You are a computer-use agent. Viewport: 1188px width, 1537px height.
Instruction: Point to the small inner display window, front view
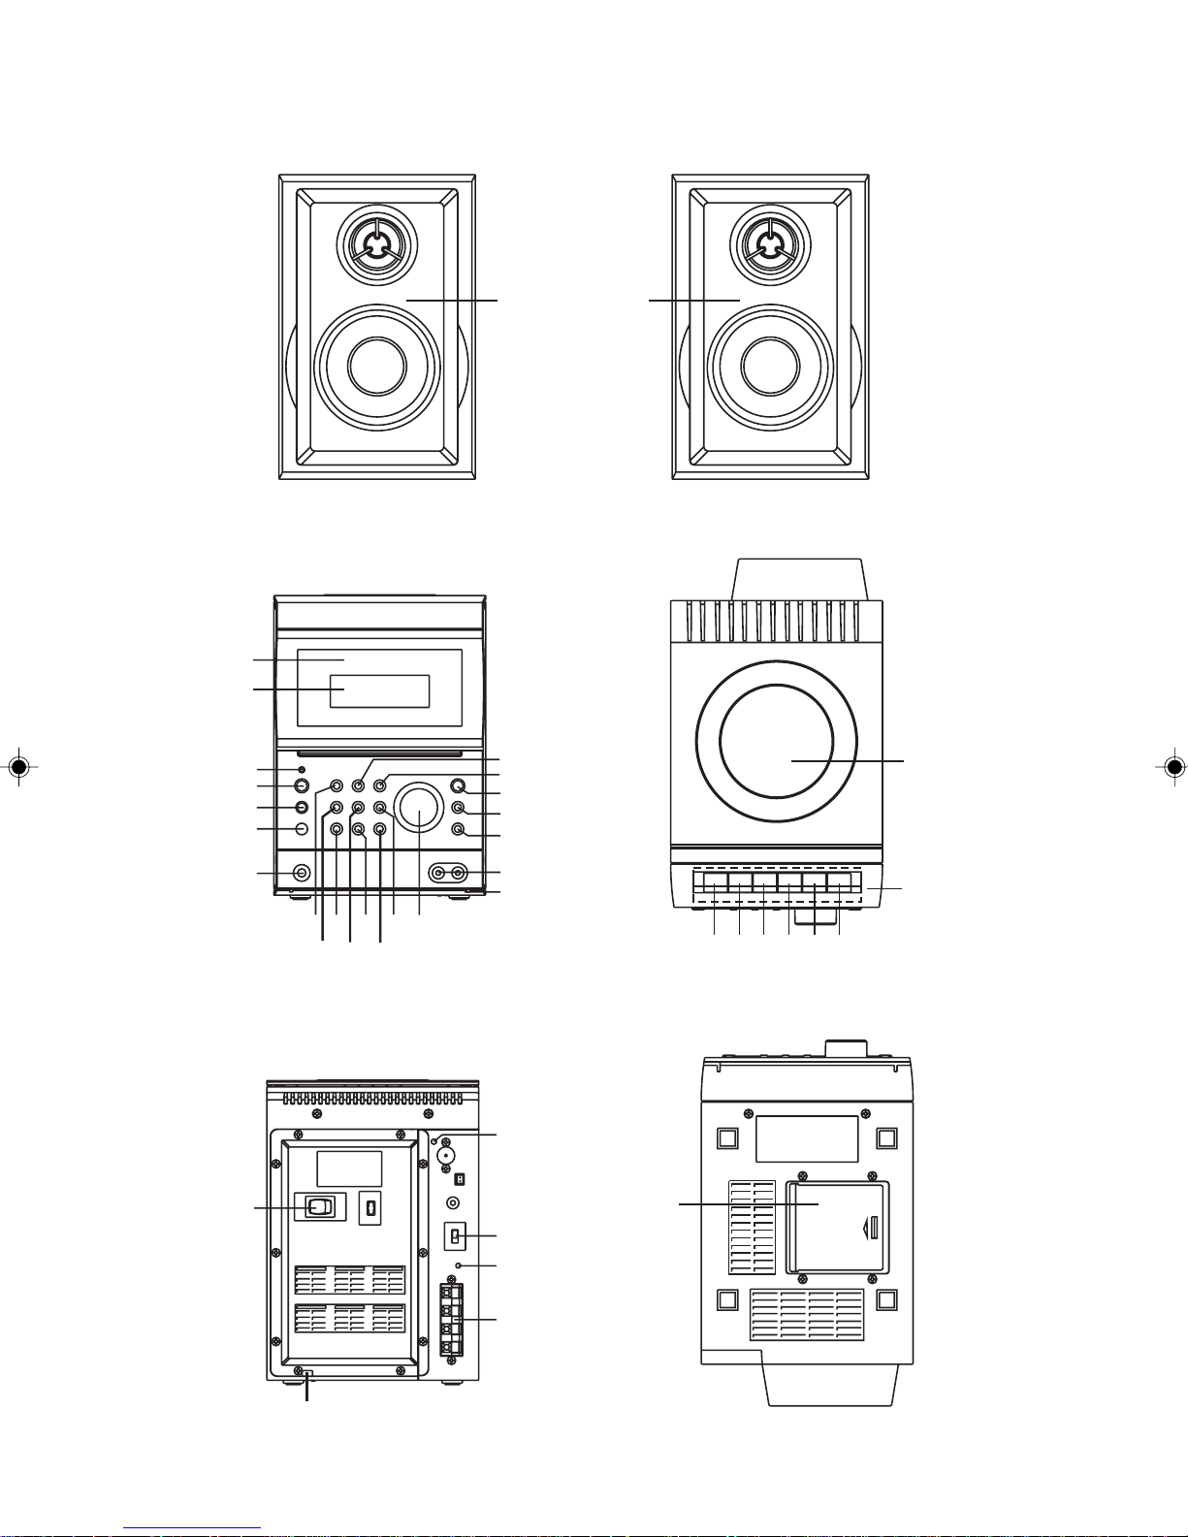(x=379, y=690)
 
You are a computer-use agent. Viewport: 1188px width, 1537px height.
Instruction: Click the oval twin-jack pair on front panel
(x=448, y=874)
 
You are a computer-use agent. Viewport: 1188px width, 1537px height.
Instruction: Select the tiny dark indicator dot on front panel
(x=302, y=770)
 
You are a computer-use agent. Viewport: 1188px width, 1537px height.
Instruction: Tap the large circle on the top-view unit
(x=776, y=738)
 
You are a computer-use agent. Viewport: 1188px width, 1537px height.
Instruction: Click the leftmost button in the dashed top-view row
(x=715, y=882)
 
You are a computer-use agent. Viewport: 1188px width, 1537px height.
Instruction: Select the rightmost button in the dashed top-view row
(x=839, y=882)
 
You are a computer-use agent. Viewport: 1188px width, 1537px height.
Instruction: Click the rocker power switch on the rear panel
(x=319, y=1207)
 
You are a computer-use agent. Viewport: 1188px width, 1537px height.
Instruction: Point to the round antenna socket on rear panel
(x=447, y=1156)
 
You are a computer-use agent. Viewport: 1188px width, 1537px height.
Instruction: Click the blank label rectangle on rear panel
(x=349, y=1169)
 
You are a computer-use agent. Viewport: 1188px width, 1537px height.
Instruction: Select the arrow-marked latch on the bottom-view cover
(x=871, y=1229)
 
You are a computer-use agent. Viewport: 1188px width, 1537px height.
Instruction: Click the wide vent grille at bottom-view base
(x=807, y=1315)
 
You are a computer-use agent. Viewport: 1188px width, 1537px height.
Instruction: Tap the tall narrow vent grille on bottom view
(x=752, y=1227)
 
